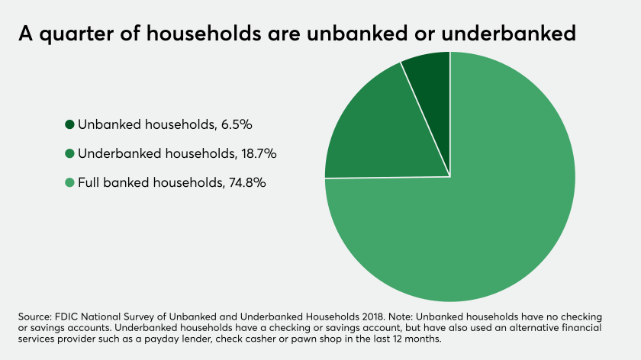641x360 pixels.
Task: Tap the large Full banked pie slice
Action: (x=470, y=213)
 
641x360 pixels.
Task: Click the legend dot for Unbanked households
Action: (x=69, y=124)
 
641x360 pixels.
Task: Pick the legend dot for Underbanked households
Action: (x=69, y=153)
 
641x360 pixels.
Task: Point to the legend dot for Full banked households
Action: (x=69, y=182)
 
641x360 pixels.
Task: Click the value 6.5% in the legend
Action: (x=237, y=124)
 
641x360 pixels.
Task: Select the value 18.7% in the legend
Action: (x=259, y=153)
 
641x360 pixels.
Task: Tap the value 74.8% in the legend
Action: (x=247, y=182)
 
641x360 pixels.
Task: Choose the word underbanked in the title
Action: (x=508, y=33)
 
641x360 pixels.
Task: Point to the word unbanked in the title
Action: (x=357, y=33)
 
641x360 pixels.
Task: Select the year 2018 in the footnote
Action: (x=373, y=317)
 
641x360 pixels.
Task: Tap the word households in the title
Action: (x=204, y=33)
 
